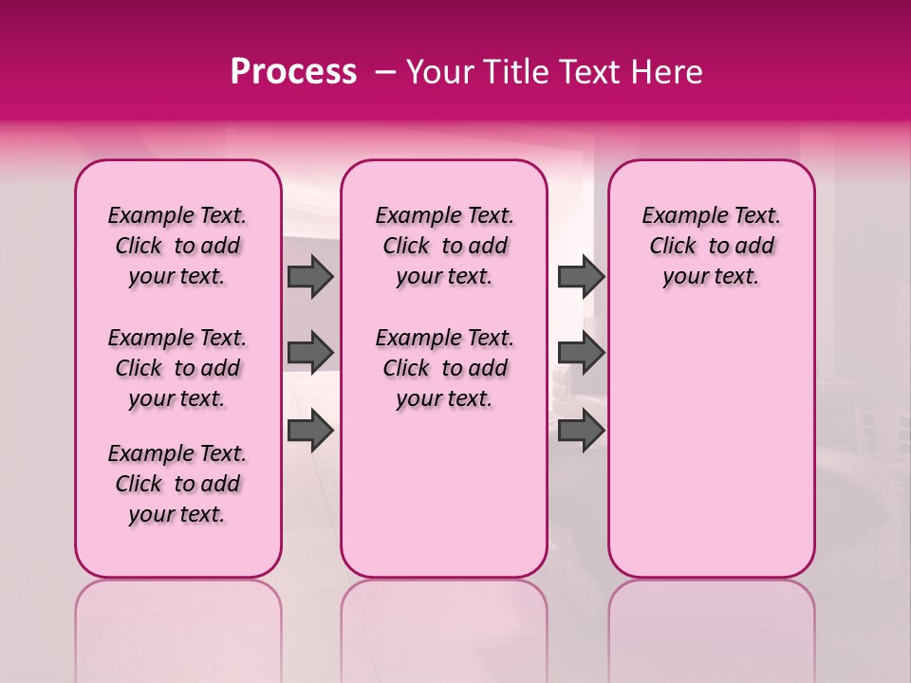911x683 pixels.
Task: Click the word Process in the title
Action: click(x=293, y=72)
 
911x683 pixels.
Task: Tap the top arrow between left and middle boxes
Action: click(x=310, y=276)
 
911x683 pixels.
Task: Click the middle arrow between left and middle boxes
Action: click(x=310, y=353)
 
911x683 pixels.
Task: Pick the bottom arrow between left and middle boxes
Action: click(x=310, y=430)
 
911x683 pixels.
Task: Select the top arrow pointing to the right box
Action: click(x=581, y=276)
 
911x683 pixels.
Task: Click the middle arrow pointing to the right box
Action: click(x=581, y=353)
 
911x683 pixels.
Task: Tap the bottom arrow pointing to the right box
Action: click(x=581, y=430)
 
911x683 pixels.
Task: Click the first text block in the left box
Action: click(x=177, y=246)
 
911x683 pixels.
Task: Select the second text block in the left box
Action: click(x=177, y=368)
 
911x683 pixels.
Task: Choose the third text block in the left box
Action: click(x=177, y=484)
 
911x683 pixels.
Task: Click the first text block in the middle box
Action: click(x=444, y=246)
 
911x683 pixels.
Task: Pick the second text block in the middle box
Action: click(x=444, y=368)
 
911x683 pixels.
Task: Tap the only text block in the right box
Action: click(x=711, y=246)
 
